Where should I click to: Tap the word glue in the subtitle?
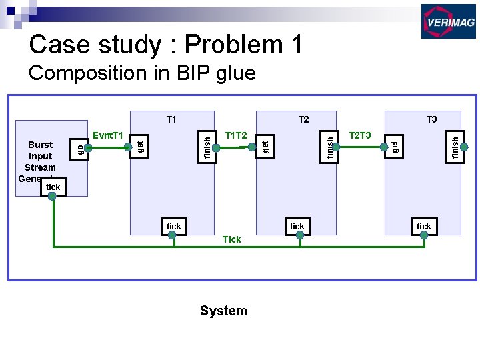click(x=235, y=73)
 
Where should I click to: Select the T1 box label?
click(x=171, y=120)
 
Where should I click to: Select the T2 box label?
click(x=303, y=120)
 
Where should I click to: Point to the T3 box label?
click(x=431, y=120)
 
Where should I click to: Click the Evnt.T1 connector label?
click(x=109, y=135)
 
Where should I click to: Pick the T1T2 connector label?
click(x=236, y=135)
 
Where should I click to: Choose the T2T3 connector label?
click(x=360, y=135)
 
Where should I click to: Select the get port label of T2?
click(x=265, y=145)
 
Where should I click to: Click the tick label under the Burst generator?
click(x=53, y=187)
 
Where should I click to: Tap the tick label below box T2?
click(x=297, y=227)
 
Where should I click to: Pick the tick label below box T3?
click(x=423, y=227)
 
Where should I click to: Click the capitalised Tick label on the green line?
click(x=231, y=239)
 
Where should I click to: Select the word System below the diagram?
click(x=223, y=311)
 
